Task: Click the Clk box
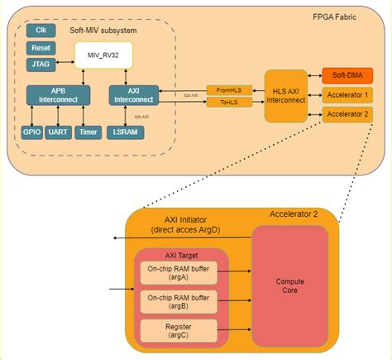coord(41,31)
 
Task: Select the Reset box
coord(41,48)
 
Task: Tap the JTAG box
coord(41,65)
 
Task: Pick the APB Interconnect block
coord(57,95)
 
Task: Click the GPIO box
coord(31,132)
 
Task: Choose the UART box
coord(59,132)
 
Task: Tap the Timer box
coord(88,132)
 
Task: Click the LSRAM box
coord(127,132)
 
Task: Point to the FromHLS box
coord(227,89)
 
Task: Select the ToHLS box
coord(227,103)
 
